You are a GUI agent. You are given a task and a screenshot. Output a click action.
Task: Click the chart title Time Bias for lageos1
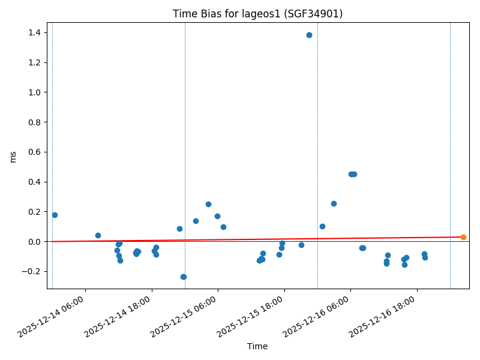click(x=257, y=14)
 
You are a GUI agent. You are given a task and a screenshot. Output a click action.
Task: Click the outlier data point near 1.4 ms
click(x=309, y=35)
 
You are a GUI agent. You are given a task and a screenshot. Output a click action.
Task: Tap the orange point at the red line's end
click(x=463, y=237)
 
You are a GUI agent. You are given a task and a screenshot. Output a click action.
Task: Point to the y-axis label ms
click(x=13, y=157)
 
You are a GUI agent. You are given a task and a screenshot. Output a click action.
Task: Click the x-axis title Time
click(x=257, y=346)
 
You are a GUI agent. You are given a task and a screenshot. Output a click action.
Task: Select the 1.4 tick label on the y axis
click(x=33, y=32)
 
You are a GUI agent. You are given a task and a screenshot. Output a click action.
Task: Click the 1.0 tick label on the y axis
click(x=33, y=92)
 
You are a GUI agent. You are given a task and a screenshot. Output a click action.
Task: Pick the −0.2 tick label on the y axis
click(x=31, y=271)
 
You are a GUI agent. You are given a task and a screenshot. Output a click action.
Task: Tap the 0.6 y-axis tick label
click(x=33, y=152)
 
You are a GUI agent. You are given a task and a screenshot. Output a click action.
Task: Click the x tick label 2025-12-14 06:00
click(x=53, y=315)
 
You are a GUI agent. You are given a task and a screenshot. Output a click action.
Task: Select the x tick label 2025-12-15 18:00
click(x=253, y=315)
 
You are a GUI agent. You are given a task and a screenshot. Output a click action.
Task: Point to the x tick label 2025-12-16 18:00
click(x=385, y=315)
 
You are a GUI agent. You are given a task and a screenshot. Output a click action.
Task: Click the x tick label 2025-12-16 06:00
click(x=319, y=315)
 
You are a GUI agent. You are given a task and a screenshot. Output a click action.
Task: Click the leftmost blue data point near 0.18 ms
click(x=55, y=215)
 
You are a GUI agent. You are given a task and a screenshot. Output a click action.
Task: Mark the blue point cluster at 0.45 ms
click(x=353, y=174)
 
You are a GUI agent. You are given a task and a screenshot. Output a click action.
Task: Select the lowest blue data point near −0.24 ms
click(x=184, y=277)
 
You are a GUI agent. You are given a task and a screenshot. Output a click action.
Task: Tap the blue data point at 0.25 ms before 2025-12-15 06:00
click(x=208, y=204)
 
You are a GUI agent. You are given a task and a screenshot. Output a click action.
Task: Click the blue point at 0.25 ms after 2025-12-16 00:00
click(x=334, y=203)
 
